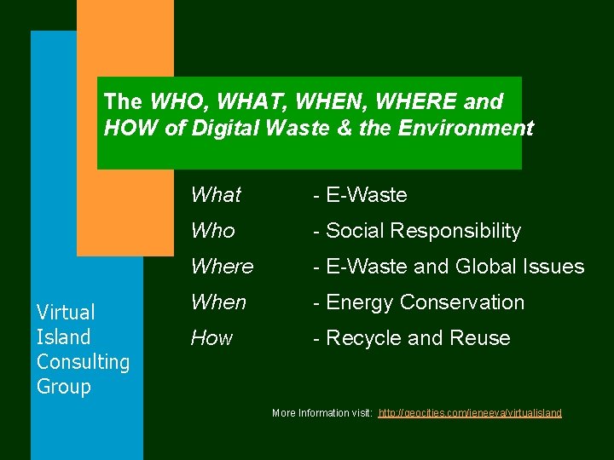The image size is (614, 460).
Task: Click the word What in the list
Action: click(x=216, y=195)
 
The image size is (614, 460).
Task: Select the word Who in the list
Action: click(x=212, y=231)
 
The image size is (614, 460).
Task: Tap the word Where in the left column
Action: click(x=222, y=267)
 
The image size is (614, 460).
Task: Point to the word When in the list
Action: click(x=218, y=302)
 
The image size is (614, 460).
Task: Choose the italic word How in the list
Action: click(x=211, y=338)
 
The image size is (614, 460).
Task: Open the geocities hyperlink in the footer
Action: click(x=470, y=413)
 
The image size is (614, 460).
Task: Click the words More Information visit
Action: click(x=321, y=413)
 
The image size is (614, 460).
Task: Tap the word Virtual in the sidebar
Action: click(x=66, y=312)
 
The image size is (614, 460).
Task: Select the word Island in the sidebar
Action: click(x=63, y=336)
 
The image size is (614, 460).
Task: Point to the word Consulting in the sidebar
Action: click(x=83, y=361)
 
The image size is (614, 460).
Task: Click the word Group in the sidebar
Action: click(x=63, y=386)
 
